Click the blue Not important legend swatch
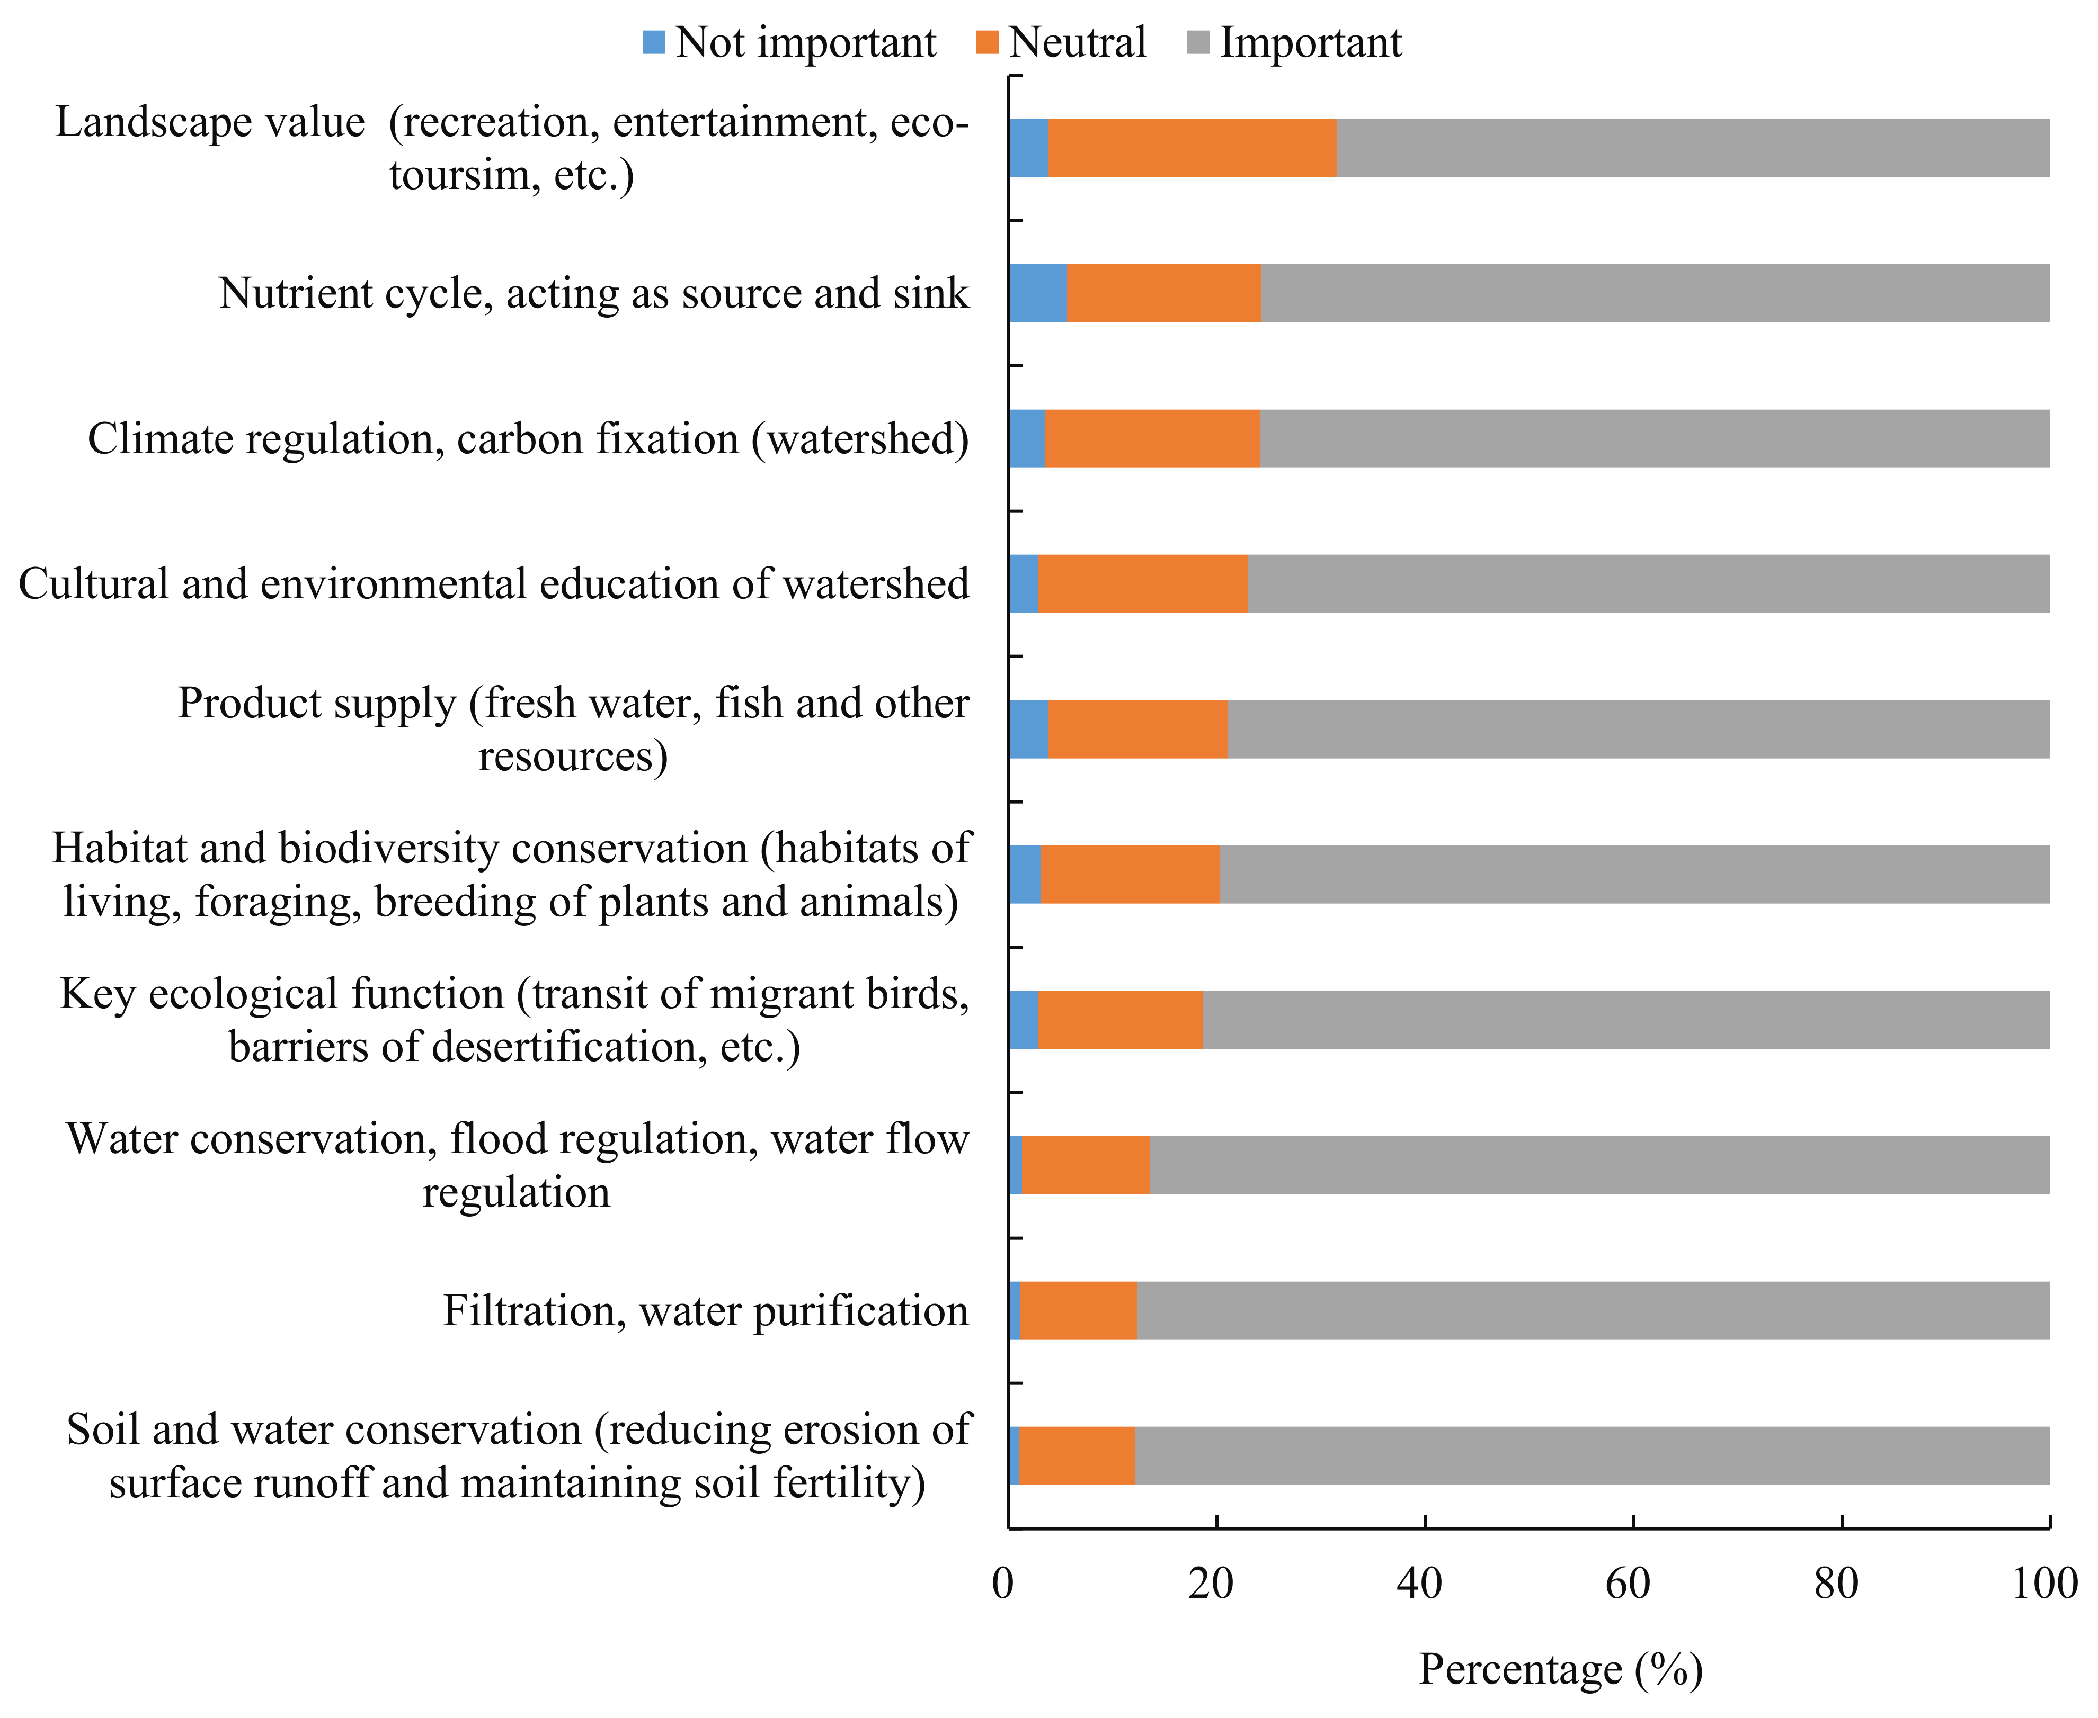pos(653,42)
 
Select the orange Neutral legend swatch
pos(987,42)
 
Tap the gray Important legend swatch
pos(1198,42)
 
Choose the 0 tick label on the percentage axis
pos(1003,1584)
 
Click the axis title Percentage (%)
pos(1560,1669)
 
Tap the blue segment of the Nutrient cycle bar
pos(1038,293)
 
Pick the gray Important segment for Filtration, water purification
pos(1592,1310)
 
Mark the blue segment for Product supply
pos(1029,730)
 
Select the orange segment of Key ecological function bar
pos(1120,1019)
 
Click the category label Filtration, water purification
pos(705,1310)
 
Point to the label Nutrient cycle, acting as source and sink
pos(593,293)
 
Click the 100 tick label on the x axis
pos(2043,1584)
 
